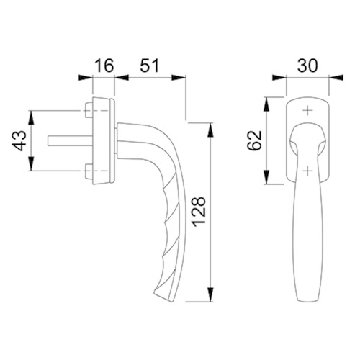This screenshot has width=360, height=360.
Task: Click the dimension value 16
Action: coord(104,66)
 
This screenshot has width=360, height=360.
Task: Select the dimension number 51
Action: coord(150,66)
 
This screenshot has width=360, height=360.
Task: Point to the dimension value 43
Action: coord(19,140)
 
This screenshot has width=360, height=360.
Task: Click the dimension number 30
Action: coord(307,66)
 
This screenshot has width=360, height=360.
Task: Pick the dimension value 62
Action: coord(254,140)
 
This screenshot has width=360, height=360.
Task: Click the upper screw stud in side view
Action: coord(89,110)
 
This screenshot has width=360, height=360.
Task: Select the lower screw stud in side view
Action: coord(89,171)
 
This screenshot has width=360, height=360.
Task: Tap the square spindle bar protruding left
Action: coord(70,140)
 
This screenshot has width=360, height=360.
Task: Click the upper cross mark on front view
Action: coord(307,111)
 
